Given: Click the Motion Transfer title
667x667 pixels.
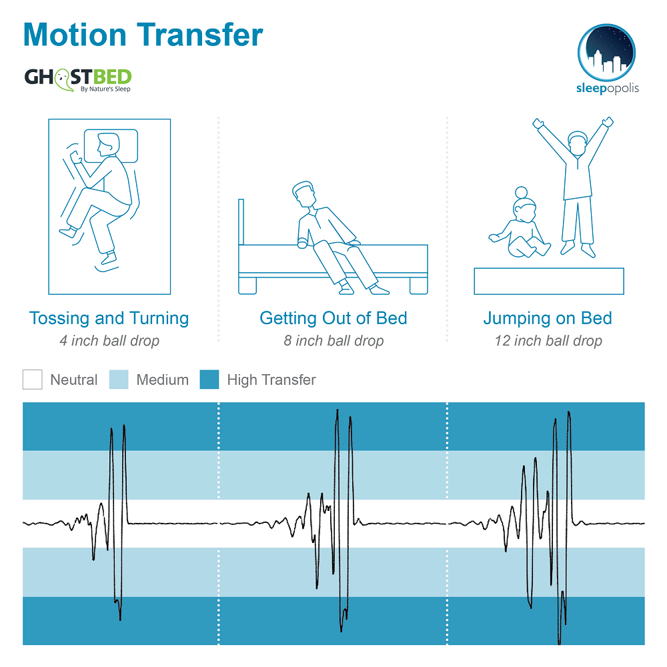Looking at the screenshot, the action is pos(143,35).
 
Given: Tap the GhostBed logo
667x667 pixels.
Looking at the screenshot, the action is pos(78,79).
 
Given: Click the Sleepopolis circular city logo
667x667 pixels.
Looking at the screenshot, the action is pos(606,52).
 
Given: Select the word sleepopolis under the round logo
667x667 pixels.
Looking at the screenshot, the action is pos(608,89).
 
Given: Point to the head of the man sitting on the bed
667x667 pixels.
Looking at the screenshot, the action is pos(304,194).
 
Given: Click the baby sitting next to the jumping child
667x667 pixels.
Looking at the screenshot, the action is pos(520,223).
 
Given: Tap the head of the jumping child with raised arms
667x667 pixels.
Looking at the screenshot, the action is pos(578,143).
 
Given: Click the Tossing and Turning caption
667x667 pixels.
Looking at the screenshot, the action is pos(109,318).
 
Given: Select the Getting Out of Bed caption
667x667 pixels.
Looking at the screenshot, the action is pos(333,318).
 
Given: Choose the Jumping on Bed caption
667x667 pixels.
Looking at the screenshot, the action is pos(548,318).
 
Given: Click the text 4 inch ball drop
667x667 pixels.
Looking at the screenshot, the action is pos(109,341).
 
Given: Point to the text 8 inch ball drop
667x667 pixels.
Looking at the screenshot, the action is pos(334,341).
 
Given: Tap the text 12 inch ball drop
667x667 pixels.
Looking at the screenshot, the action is pos(548,341).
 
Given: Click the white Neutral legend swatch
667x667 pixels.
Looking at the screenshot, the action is pos(32,380).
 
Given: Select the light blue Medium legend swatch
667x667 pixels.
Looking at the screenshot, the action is pos(119,380).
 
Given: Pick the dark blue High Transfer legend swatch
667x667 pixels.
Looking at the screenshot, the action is pos(209,380).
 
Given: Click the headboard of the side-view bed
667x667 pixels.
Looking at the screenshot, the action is pos(241,221).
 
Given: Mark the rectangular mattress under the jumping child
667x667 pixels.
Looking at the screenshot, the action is pos(549,281).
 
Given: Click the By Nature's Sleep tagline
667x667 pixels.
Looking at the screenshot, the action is pos(105,89).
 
